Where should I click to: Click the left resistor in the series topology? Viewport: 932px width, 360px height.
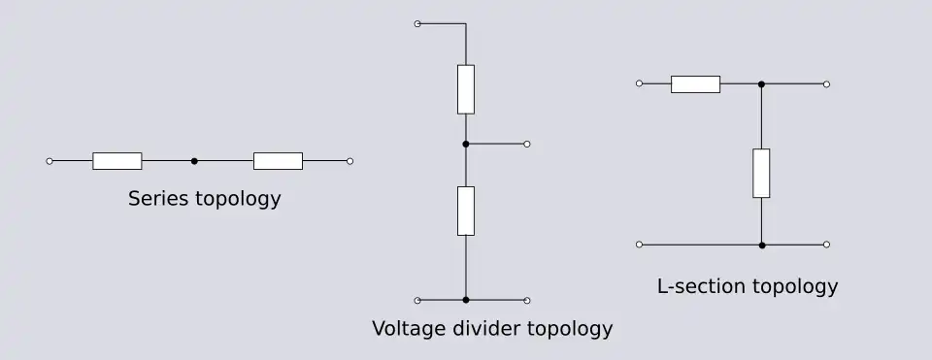click(x=117, y=161)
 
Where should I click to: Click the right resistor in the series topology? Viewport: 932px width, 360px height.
click(x=279, y=161)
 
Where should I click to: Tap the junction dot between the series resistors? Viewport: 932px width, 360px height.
click(x=194, y=161)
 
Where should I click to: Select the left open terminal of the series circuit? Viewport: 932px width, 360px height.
click(x=50, y=161)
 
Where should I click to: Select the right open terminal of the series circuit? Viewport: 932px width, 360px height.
click(x=350, y=161)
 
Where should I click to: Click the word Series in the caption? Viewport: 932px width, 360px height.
click(x=158, y=198)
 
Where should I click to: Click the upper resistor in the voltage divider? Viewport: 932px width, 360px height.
click(x=466, y=89)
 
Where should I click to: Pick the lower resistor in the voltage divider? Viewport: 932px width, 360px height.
click(x=466, y=211)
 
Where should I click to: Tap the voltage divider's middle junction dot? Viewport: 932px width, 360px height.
click(x=466, y=144)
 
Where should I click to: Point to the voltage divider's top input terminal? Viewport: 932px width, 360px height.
click(x=417, y=23)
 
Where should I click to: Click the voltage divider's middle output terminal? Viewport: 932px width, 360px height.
click(x=527, y=144)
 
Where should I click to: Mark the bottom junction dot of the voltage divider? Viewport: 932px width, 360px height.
click(x=466, y=300)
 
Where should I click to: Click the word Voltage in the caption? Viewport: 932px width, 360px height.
click(x=410, y=329)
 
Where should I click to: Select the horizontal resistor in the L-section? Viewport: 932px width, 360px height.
click(x=695, y=84)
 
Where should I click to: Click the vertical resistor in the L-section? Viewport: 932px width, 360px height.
click(x=761, y=173)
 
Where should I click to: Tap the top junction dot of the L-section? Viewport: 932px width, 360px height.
click(x=761, y=84)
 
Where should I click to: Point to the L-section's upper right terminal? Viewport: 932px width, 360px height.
click(x=826, y=84)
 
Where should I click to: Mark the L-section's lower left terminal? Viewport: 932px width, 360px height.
click(x=639, y=245)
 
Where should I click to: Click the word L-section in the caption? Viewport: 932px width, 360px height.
click(x=701, y=286)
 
